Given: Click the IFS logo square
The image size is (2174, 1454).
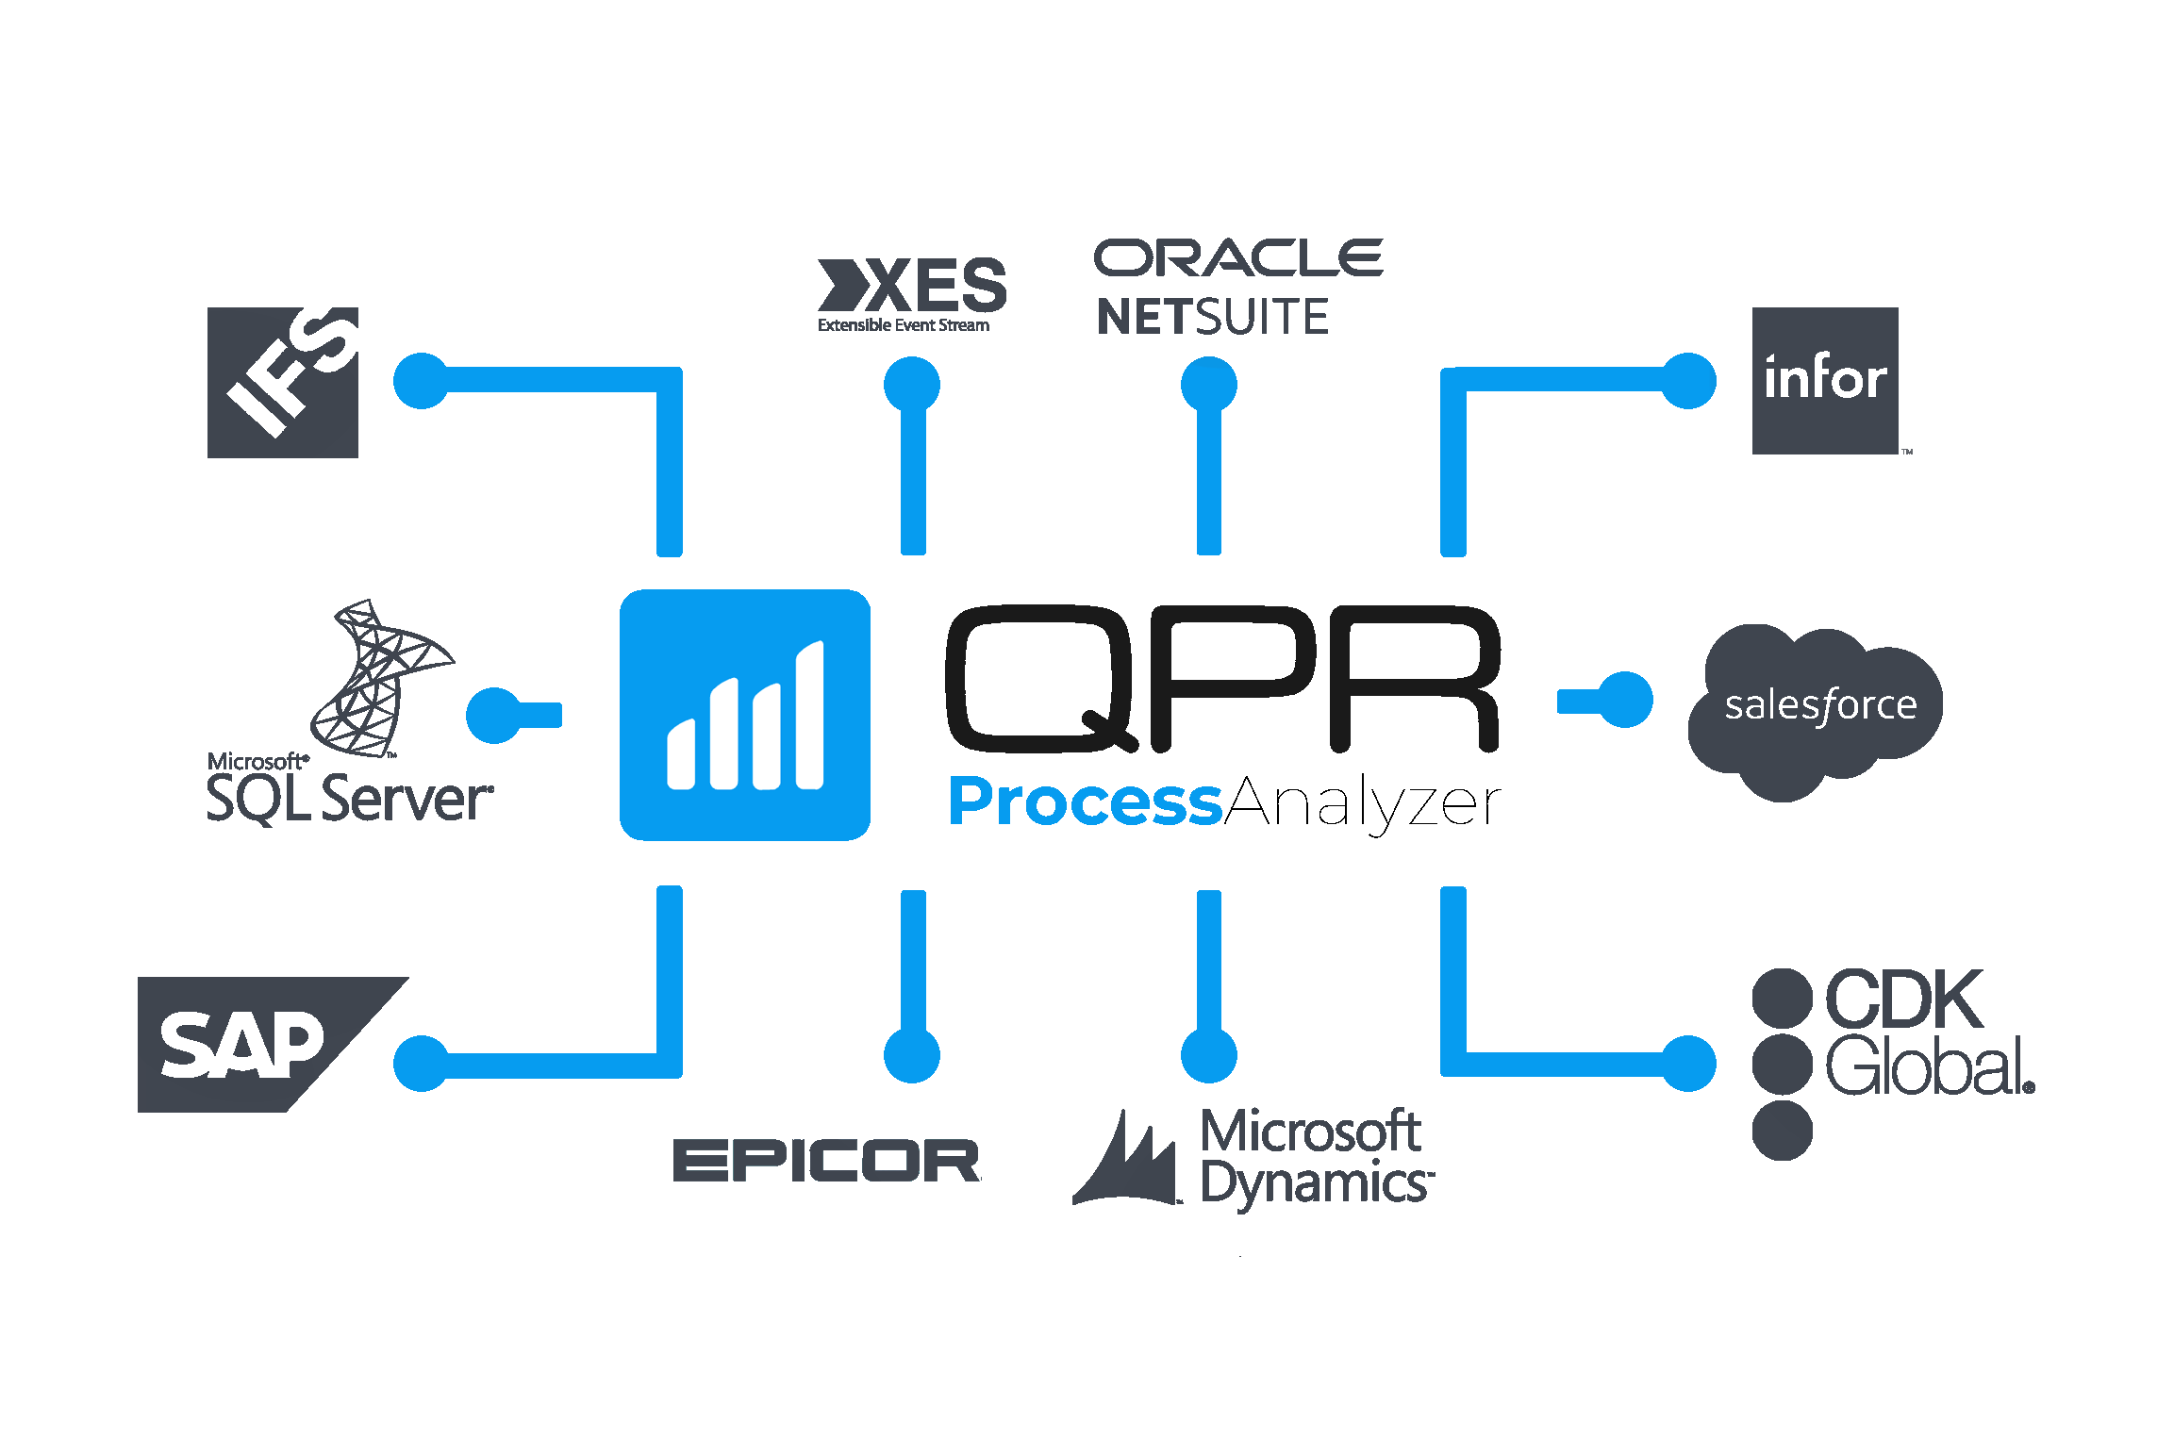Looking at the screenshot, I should pyautogui.click(x=283, y=382).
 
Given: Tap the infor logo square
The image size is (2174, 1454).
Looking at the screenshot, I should pyautogui.click(x=1825, y=380).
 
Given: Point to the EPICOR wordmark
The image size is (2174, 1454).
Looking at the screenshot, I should pyautogui.click(x=826, y=1160).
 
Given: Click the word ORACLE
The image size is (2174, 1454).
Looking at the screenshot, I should pyautogui.click(x=1237, y=258).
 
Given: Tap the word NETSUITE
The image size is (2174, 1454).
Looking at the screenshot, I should pyautogui.click(x=1212, y=317).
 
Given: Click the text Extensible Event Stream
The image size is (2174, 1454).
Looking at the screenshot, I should pyautogui.click(x=904, y=325).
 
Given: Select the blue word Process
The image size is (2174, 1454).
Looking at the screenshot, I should pyautogui.click(x=1085, y=802).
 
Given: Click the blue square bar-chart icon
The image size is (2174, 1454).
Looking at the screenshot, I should pyautogui.click(x=745, y=715).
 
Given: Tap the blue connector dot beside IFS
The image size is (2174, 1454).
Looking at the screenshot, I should pyautogui.click(x=421, y=381).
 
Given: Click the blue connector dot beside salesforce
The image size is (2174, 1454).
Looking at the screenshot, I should pyautogui.click(x=1625, y=700).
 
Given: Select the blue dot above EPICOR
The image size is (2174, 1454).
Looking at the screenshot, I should pyautogui.click(x=912, y=1055).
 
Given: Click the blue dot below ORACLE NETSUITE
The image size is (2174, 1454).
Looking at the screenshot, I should pyautogui.click(x=1209, y=385).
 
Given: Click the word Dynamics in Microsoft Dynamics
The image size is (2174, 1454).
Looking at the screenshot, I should pyautogui.click(x=1316, y=1184).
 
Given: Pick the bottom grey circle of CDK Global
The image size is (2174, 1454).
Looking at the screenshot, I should pyautogui.click(x=1782, y=1130).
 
